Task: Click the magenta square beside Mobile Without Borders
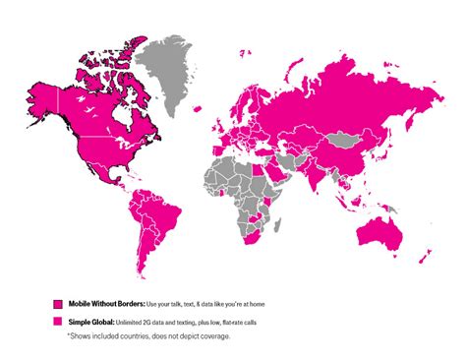coord(59,305)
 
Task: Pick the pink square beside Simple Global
coord(59,323)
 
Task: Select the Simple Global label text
coord(90,323)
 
